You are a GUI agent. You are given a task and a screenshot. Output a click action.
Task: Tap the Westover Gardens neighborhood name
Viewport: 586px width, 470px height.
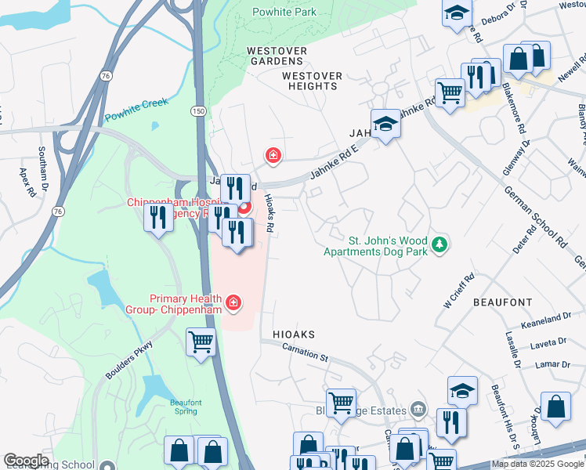(x=275, y=56)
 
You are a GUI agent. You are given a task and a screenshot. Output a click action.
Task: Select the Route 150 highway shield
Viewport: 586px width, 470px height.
(x=199, y=112)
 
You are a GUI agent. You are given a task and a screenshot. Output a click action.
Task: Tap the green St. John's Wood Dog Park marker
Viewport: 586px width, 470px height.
(x=441, y=245)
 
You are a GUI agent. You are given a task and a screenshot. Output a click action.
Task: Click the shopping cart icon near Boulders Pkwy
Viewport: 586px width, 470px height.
(x=201, y=342)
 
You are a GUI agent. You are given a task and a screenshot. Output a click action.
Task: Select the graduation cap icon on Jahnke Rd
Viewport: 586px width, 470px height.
(x=385, y=124)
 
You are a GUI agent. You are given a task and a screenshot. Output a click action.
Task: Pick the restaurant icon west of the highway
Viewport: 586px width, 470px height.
(x=159, y=217)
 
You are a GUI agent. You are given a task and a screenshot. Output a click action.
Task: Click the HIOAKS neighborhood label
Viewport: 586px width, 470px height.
(x=294, y=334)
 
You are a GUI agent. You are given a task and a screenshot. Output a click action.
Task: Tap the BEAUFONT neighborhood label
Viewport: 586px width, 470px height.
(x=502, y=302)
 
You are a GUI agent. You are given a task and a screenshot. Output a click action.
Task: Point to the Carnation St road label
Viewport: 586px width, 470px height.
(x=306, y=352)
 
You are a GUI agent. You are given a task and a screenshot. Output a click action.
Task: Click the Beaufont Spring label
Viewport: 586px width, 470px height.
(x=186, y=407)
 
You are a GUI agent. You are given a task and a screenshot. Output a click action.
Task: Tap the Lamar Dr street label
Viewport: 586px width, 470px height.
(x=553, y=364)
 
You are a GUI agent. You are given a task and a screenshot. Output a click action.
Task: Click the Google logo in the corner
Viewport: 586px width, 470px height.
(x=26, y=461)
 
